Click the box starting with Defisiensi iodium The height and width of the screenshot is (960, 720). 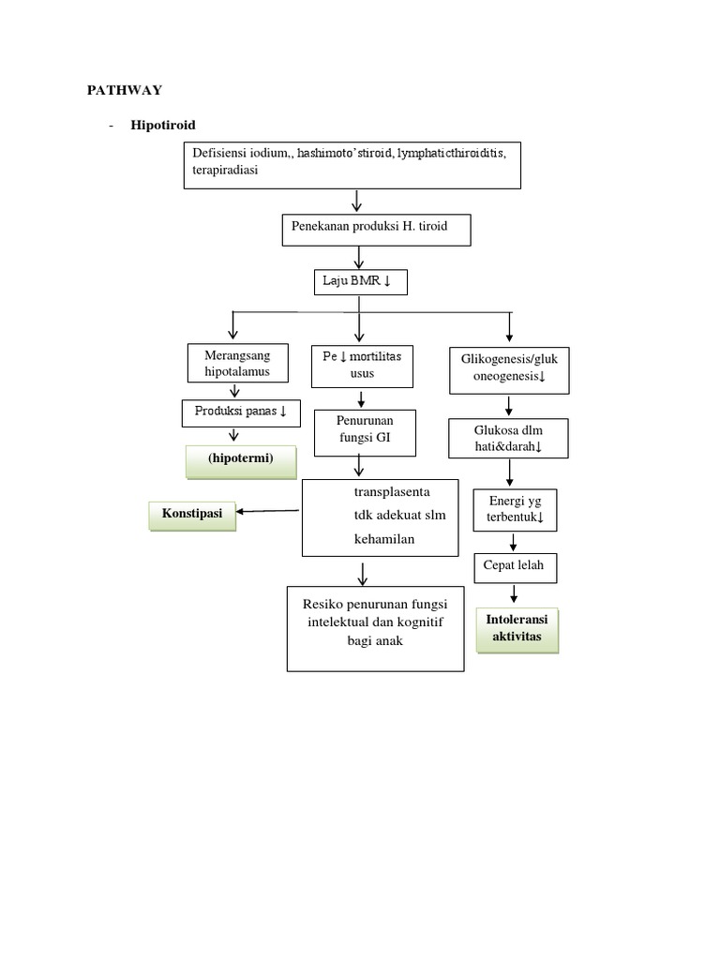(x=352, y=165)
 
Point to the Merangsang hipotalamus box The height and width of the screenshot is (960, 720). (x=236, y=364)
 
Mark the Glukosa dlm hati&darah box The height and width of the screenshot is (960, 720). (x=508, y=439)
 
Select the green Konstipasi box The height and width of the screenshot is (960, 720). (x=192, y=515)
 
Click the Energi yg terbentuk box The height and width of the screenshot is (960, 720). (x=515, y=510)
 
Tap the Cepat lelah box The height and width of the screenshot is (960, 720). (x=514, y=566)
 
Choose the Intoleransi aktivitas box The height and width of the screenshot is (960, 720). (x=517, y=629)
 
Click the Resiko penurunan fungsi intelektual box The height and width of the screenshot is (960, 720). (x=375, y=628)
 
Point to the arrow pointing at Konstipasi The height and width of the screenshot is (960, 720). (x=268, y=512)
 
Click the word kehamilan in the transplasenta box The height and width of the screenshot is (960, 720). (x=383, y=540)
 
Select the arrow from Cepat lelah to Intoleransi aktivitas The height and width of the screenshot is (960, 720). (x=514, y=593)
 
